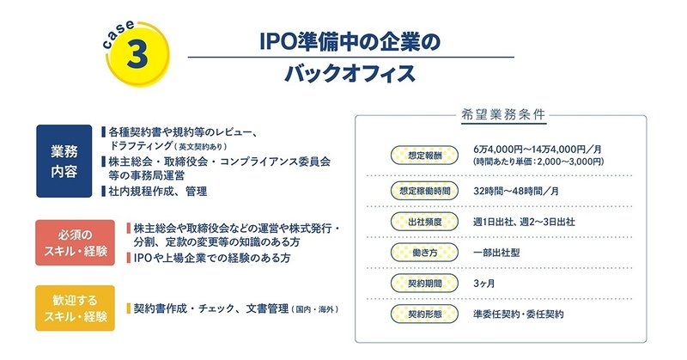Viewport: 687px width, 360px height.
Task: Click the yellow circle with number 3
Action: pyautogui.click(x=137, y=54)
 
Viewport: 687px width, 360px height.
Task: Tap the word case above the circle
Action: pyautogui.click(x=118, y=34)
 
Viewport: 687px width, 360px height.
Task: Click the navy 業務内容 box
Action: pyautogui.click(x=64, y=161)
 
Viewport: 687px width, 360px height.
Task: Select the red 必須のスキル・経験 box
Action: pyautogui.click(x=75, y=242)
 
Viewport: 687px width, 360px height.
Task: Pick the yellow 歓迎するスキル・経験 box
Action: pyautogui.click(x=75, y=308)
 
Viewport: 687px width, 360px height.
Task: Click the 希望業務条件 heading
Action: pyautogui.click(x=503, y=115)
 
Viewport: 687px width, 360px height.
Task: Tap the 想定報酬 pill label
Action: pyautogui.click(x=424, y=156)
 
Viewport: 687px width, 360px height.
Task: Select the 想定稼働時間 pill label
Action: pyautogui.click(x=424, y=191)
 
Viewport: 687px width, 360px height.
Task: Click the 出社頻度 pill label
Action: pyautogui.click(x=424, y=222)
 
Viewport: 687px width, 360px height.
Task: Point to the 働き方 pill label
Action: pyautogui.click(x=424, y=253)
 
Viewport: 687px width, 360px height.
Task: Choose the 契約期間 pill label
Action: pyautogui.click(x=424, y=284)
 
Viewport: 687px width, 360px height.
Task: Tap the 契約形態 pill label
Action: pyautogui.click(x=424, y=314)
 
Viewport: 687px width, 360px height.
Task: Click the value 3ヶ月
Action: pyautogui.click(x=483, y=284)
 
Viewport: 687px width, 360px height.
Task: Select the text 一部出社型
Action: pyautogui.click(x=496, y=253)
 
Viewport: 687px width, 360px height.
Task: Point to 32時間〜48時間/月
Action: pyautogui.click(x=516, y=191)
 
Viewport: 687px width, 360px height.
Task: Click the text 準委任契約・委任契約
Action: pyautogui.click(x=519, y=314)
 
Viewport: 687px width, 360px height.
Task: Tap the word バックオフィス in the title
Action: pyautogui.click(x=350, y=73)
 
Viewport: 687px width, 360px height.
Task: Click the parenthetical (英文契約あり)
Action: pyautogui.click(x=201, y=146)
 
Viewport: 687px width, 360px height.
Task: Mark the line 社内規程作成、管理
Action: pyautogui.click(x=158, y=192)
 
